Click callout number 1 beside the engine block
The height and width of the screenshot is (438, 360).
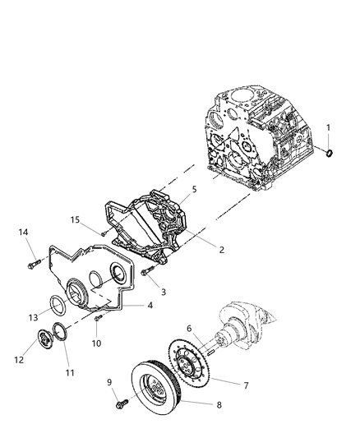click(x=329, y=127)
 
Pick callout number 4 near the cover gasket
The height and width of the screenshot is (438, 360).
click(x=149, y=305)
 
